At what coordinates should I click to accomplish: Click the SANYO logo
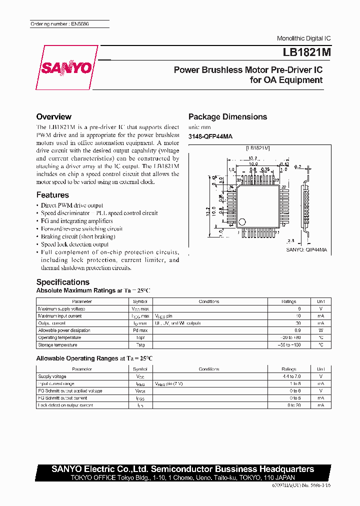pyautogui.click(x=67, y=68)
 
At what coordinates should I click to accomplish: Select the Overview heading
pyautogui.click(x=54, y=117)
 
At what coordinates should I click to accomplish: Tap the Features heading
pyautogui.click(x=52, y=195)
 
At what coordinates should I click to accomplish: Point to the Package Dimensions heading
pyautogui.click(x=227, y=117)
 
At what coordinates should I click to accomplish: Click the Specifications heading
pyautogui.click(x=63, y=282)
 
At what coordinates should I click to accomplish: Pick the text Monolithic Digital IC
pyautogui.click(x=303, y=38)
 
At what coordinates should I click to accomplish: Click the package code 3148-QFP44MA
pyautogui.click(x=210, y=136)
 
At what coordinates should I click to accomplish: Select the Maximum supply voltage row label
pyautogui.click(x=61, y=309)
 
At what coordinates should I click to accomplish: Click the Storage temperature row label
pyautogui.click(x=57, y=345)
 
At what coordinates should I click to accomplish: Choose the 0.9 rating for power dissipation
pyautogui.click(x=297, y=330)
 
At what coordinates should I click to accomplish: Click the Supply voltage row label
pyautogui.click(x=52, y=376)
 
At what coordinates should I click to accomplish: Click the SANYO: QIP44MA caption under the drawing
pyautogui.click(x=306, y=249)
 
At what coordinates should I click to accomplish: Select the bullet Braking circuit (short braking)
pyautogui.click(x=77, y=236)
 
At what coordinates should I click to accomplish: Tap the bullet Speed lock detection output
pyautogui.click(x=74, y=244)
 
